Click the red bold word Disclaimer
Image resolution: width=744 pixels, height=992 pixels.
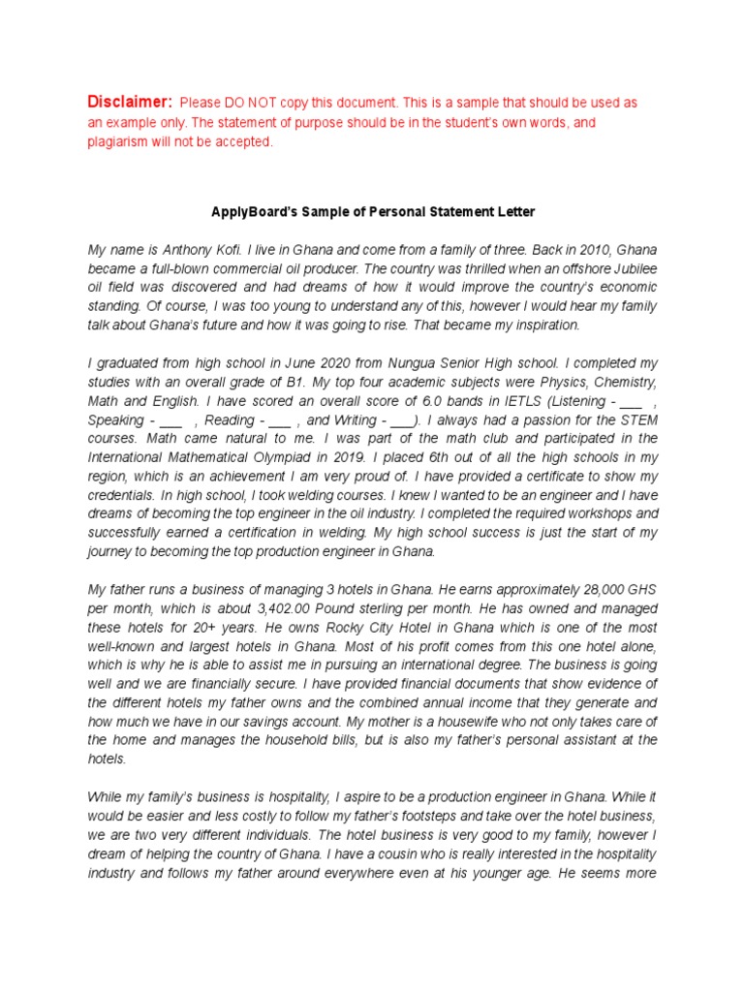click(130, 102)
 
